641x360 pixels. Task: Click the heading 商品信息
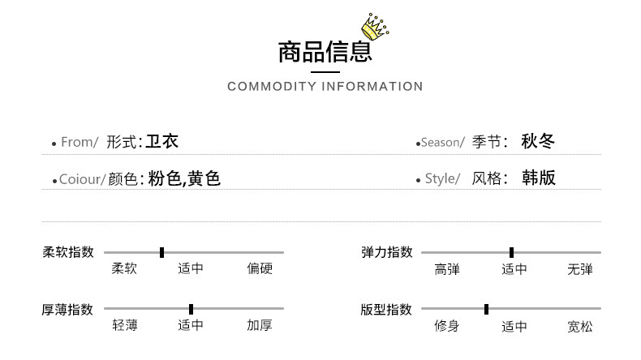[325, 51]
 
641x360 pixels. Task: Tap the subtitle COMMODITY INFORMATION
[325, 87]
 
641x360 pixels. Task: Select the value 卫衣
[162, 142]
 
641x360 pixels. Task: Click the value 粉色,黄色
[184, 178]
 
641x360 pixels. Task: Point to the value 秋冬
[538, 142]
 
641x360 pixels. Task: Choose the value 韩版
[538, 178]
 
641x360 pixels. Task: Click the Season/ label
[442, 143]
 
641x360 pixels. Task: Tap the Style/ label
[442, 179]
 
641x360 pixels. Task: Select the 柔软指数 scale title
[68, 252]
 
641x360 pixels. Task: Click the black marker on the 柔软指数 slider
[161, 252]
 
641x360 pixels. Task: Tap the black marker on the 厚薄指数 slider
[191, 309]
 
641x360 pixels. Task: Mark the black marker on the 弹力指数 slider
[511, 252]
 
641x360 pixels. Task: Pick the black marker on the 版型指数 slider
[486, 309]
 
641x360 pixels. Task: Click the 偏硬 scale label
[260, 268]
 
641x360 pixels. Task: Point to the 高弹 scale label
[447, 269]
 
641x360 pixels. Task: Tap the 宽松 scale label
[580, 327]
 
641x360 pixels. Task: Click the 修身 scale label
[447, 326]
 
